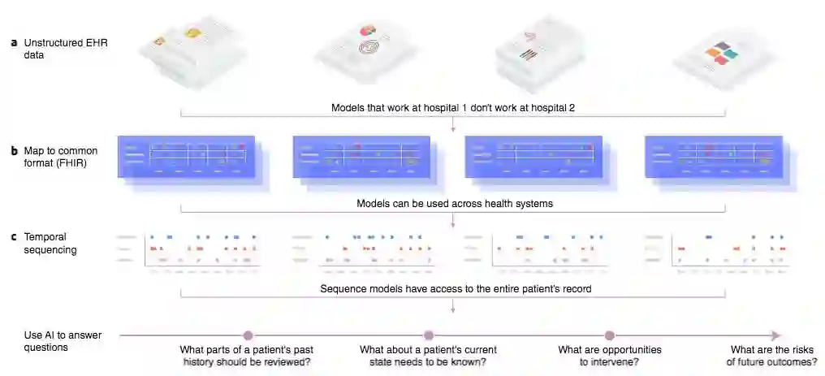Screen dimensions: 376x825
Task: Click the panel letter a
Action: coord(14,42)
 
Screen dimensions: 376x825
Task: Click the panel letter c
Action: coord(14,237)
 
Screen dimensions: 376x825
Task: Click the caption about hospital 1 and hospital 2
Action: coord(452,107)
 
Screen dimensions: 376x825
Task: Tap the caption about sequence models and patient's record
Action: coord(452,289)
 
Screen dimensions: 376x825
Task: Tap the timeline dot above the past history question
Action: coord(248,335)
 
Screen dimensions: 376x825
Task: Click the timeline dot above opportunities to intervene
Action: coord(609,335)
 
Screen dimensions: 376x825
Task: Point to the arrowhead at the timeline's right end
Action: coord(776,335)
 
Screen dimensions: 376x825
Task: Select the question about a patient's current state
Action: coord(429,356)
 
